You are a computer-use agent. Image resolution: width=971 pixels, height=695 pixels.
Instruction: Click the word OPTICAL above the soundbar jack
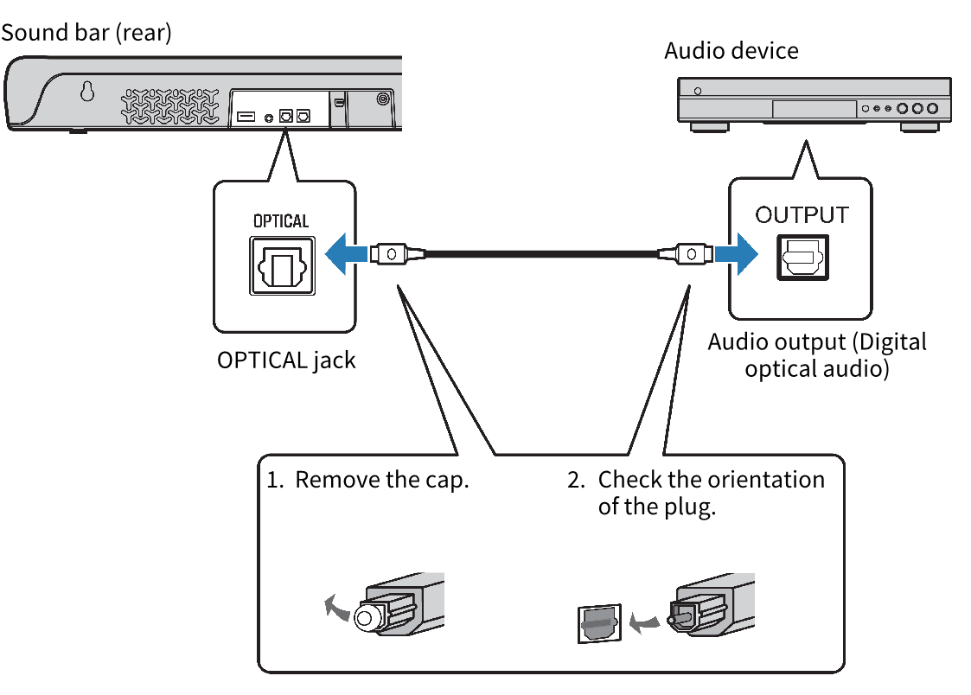point(281,221)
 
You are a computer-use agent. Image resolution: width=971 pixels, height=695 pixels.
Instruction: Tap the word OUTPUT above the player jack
point(802,215)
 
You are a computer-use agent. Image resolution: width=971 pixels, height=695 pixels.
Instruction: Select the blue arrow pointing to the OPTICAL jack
point(346,255)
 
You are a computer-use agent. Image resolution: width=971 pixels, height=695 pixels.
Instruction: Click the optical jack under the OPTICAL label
point(282,266)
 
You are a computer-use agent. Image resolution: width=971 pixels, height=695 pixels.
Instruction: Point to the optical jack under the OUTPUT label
point(803,257)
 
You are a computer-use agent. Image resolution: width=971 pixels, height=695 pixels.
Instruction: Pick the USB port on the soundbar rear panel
point(245,116)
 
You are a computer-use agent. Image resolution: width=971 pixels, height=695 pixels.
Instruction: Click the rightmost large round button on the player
point(931,109)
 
